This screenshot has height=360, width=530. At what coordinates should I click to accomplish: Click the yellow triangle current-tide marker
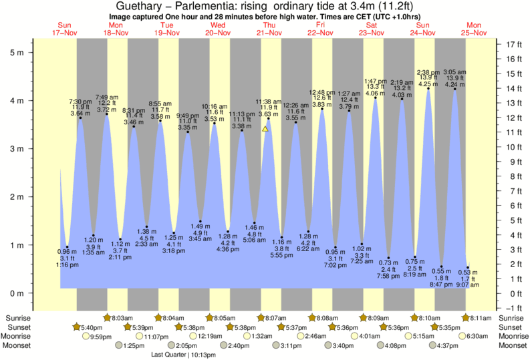[265, 129]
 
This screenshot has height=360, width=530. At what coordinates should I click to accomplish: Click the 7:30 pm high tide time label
[80, 101]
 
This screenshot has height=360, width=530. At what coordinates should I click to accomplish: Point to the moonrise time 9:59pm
[100, 337]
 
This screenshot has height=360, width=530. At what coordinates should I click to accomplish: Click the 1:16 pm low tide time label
[67, 265]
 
